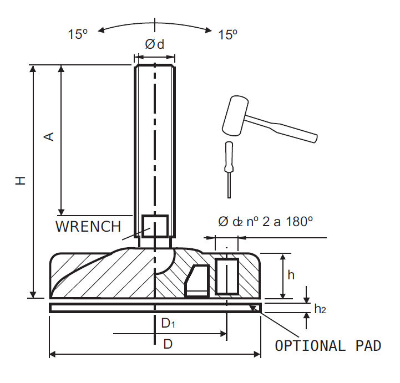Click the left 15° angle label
tap(78, 34)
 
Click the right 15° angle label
tap(227, 34)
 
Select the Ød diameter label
tap(155, 45)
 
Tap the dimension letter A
tap(49, 136)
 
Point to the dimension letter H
tap(21, 180)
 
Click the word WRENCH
tap(88, 226)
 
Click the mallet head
tap(236, 115)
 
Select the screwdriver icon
tap(228, 167)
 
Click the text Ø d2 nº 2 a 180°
tap(265, 222)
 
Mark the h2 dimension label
tap(320, 309)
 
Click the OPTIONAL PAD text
tap(328, 346)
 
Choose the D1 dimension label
tap(168, 323)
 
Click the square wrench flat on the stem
tap(155, 225)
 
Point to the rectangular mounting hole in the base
tap(227, 276)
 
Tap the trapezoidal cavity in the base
tap(197, 281)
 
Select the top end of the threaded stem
tap(155, 67)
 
